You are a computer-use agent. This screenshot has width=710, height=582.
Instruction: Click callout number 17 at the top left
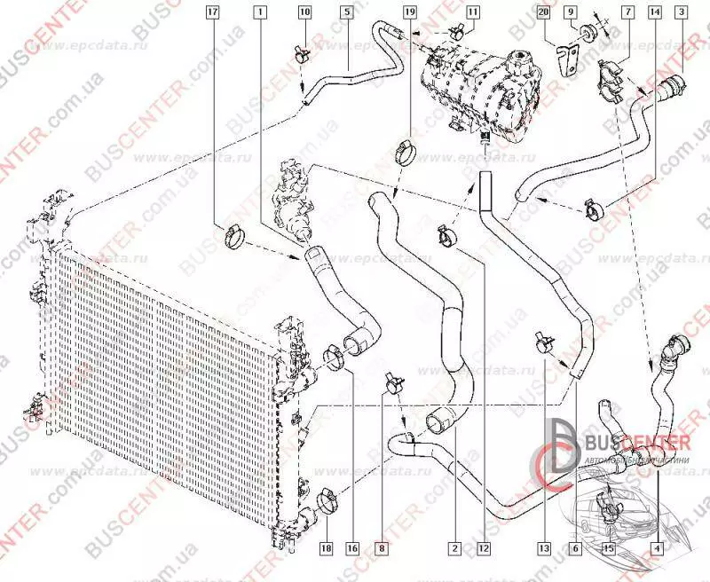point(212,12)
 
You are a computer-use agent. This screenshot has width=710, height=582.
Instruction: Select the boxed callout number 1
point(260,12)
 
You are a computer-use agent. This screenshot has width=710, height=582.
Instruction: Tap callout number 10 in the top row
point(304,12)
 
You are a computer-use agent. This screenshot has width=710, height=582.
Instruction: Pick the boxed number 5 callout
point(346,12)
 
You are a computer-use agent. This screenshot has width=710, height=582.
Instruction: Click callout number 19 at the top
point(408,12)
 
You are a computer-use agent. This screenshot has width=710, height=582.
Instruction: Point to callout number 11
point(471,12)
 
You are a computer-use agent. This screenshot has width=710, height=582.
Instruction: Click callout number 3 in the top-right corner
point(680,12)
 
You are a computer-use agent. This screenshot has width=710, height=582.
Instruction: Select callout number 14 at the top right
point(655,12)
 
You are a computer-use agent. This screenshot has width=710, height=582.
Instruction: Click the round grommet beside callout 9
point(587,36)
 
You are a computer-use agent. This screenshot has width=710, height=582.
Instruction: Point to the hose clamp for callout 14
point(593,210)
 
